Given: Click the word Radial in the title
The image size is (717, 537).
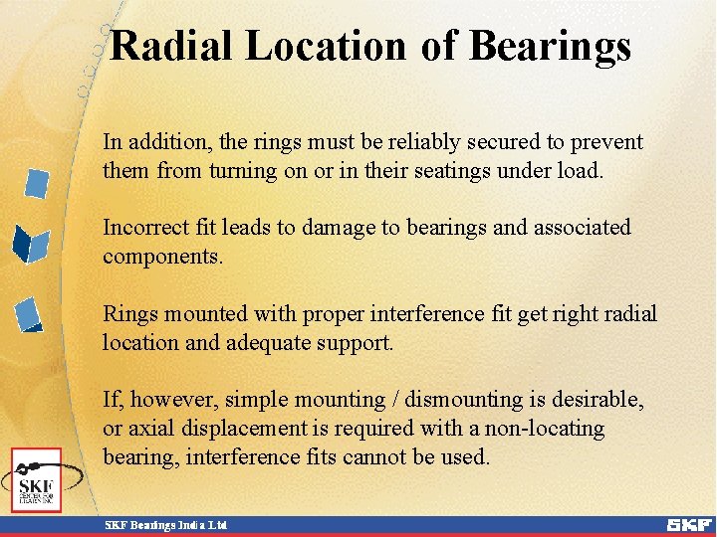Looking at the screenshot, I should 172,46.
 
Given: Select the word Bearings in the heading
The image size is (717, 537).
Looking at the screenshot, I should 549,46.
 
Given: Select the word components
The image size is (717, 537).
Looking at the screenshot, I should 162,256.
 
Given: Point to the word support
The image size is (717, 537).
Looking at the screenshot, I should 359,343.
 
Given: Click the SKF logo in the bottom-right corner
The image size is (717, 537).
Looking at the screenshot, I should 689,524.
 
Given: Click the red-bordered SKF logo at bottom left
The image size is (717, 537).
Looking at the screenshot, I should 37,480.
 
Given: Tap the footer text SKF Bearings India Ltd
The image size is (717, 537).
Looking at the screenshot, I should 167,524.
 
